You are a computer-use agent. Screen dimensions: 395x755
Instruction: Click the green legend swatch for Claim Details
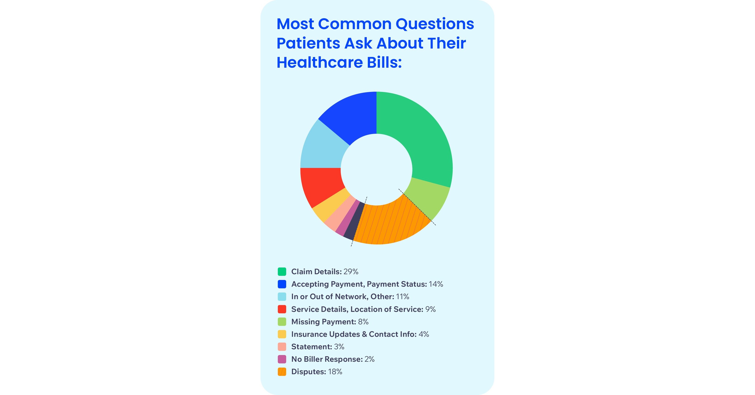pyautogui.click(x=282, y=272)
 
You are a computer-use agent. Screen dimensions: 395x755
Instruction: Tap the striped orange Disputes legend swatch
pyautogui.click(x=282, y=372)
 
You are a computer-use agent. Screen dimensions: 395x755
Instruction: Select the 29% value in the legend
pyautogui.click(x=351, y=272)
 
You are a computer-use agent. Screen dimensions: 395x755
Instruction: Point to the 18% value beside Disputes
pyautogui.click(x=335, y=372)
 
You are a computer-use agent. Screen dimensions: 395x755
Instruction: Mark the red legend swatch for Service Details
pyautogui.click(x=282, y=309)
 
